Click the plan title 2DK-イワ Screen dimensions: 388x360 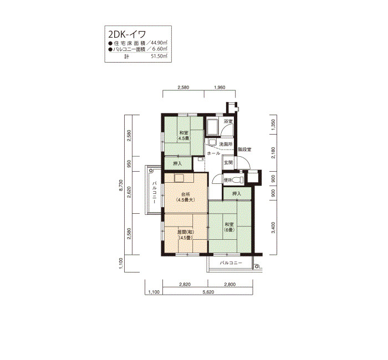pos(127,34)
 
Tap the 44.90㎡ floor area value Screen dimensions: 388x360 pos(159,43)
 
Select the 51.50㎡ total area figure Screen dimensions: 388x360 pos(159,56)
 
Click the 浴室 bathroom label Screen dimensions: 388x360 pos(228,121)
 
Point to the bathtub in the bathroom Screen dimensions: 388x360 pos(212,127)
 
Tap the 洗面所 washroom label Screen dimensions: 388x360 pos(226,144)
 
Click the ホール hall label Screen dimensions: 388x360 pos(213,153)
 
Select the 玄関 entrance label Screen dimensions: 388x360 pos(228,163)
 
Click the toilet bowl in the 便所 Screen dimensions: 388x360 pos(238,180)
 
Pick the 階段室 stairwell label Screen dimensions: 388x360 pos(245,150)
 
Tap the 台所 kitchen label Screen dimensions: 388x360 pos(185,194)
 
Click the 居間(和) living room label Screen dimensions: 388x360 pos(186,232)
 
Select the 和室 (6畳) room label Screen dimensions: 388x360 pos(229,227)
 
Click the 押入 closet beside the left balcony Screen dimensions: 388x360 pos(177,163)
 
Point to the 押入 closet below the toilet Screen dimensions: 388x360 pos(237,194)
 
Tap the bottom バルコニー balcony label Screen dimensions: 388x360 pos(231,263)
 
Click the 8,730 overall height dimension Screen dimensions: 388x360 pos(121,185)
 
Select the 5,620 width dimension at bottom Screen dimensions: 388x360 pos(208,292)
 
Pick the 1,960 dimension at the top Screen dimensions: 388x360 pos(219,88)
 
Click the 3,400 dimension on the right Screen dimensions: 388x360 pos(273,228)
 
